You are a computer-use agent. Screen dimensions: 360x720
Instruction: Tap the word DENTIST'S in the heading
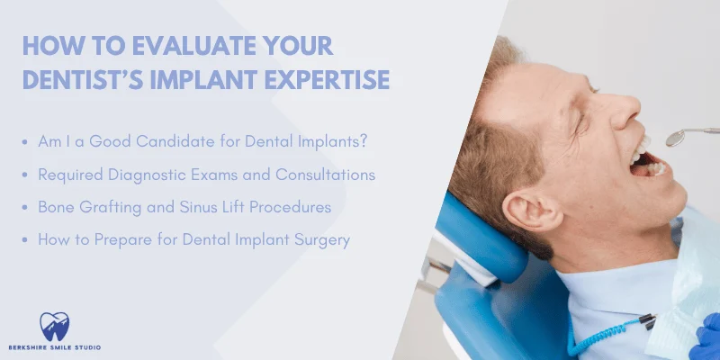coord(87,79)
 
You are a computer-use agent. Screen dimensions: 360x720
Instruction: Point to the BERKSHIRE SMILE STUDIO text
coord(56,347)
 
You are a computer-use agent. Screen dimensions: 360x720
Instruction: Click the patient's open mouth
coord(646,163)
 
